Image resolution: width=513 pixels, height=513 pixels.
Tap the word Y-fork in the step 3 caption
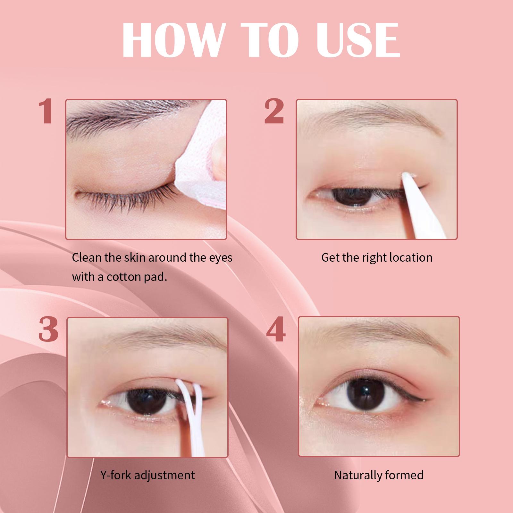tap(116, 475)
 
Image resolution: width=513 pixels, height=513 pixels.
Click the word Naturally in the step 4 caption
tap(357, 475)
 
